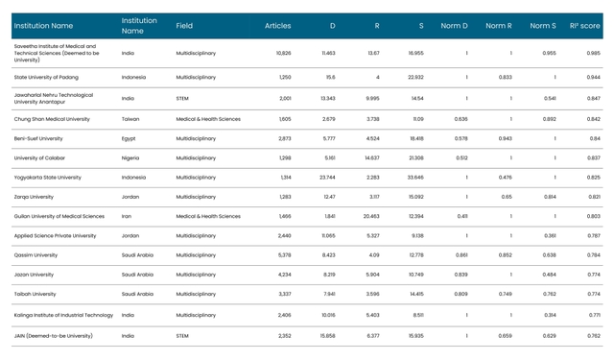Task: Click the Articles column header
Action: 277,26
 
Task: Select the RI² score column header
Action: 584,26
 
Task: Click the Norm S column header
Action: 542,26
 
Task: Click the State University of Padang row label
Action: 54,77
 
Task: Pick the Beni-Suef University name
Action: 38,138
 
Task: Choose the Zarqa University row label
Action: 34,197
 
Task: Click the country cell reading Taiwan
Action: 131,119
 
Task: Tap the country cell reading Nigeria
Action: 131,157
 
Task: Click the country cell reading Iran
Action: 127,216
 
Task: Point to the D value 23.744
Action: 327,177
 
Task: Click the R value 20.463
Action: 371,216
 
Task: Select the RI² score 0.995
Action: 593,53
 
